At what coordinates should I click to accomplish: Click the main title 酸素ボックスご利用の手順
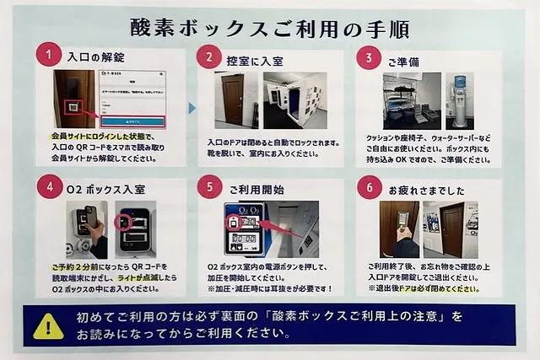269,28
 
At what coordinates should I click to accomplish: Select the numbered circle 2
208,57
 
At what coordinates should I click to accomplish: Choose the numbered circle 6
368,187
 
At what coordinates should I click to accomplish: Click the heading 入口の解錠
96,57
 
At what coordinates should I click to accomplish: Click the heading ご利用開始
256,188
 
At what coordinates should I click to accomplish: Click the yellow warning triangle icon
48,325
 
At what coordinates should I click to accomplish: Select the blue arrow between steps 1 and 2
192,108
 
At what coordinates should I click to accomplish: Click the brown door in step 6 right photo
451,228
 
